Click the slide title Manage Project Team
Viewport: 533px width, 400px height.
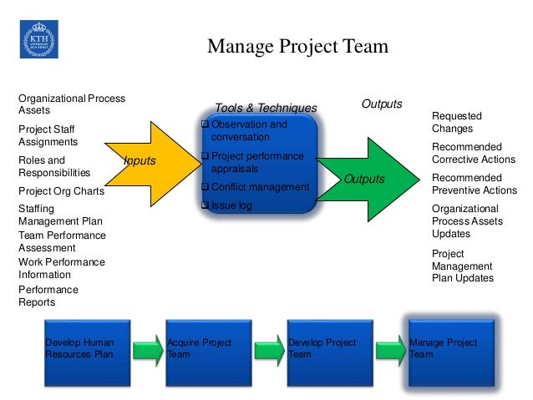pos(297,46)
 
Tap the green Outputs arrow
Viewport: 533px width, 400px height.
pos(368,178)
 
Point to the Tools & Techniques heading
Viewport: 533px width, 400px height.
pos(266,109)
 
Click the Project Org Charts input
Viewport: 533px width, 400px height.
pos(61,191)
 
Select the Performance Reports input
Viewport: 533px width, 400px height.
pos(48,296)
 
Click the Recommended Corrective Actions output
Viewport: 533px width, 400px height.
pos(472,153)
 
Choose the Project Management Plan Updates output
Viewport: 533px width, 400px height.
pos(462,266)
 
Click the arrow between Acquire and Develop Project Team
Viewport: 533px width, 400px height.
pos(269,348)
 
